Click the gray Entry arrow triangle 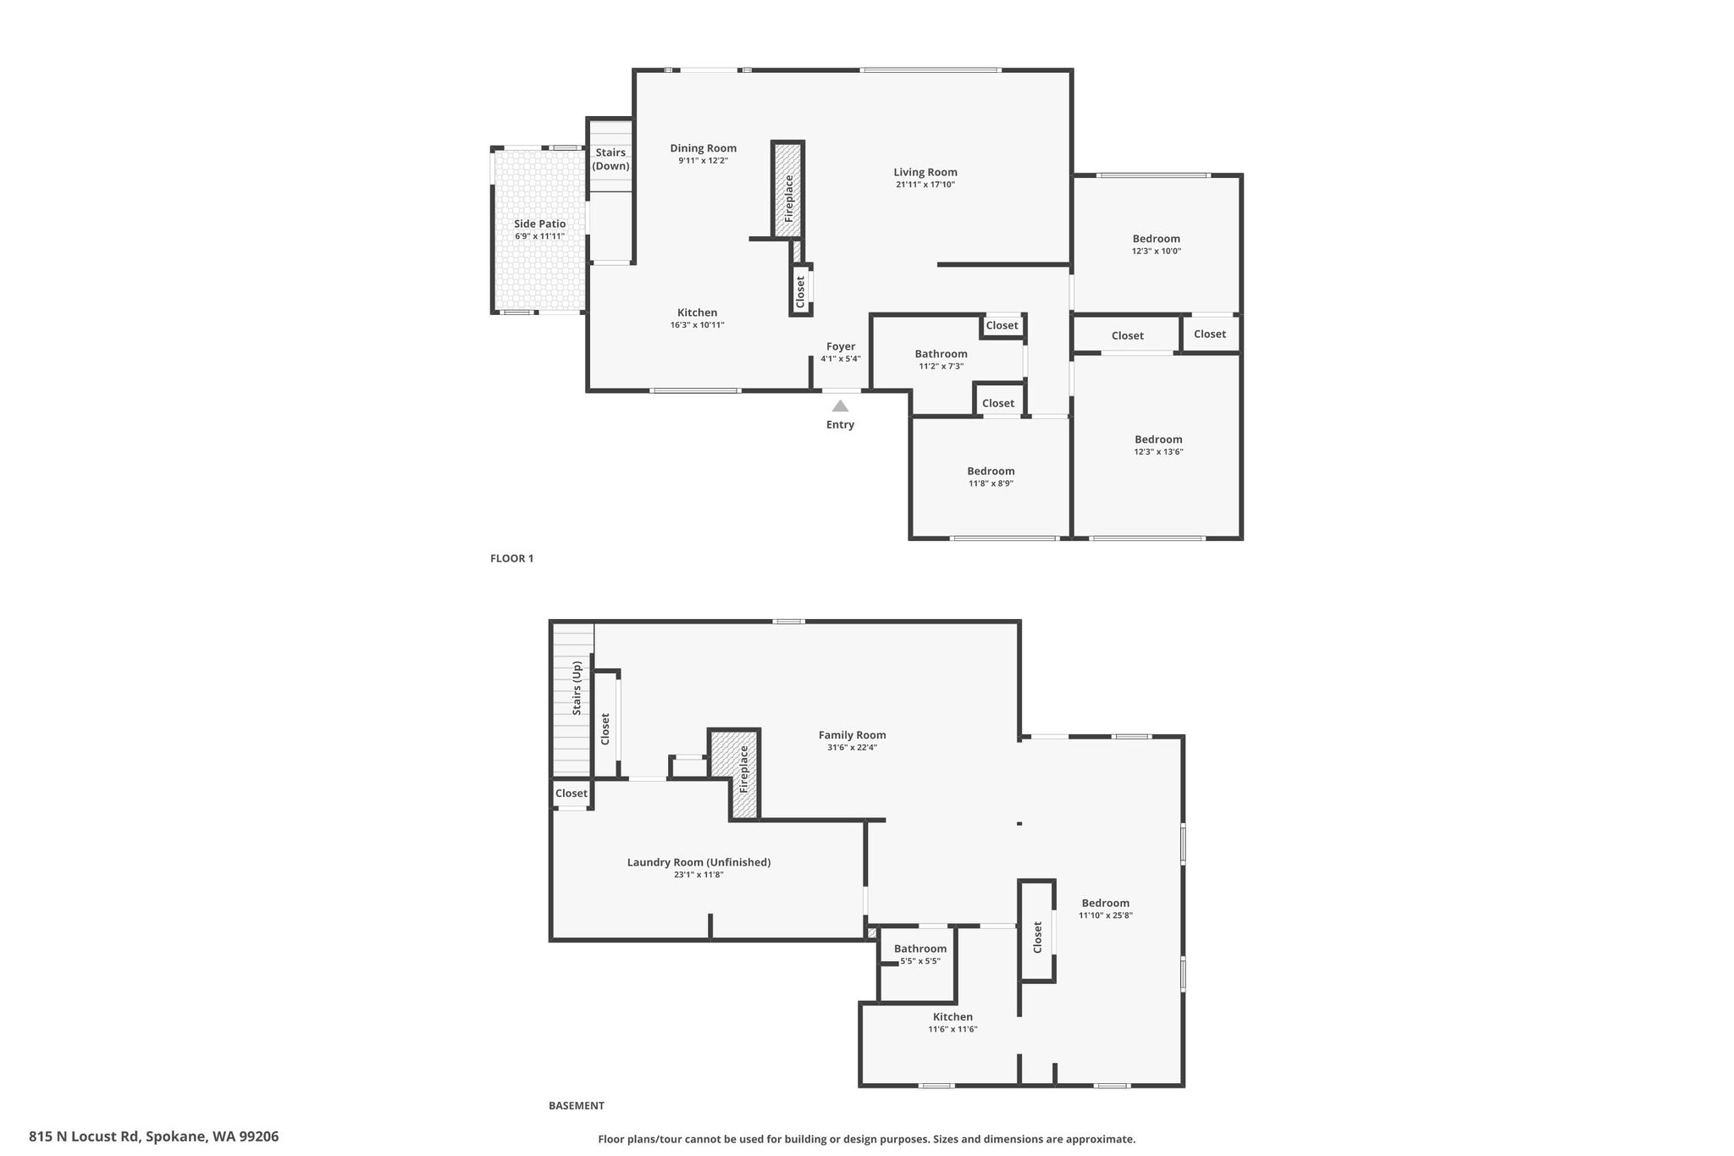point(840,406)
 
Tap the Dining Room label point(704,148)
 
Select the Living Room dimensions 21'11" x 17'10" point(925,185)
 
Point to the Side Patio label point(540,224)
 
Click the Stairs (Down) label point(610,159)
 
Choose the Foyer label point(841,346)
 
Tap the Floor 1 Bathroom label point(941,354)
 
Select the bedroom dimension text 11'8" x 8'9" point(991,484)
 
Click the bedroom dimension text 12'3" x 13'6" point(1158,451)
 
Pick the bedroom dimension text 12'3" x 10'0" point(1157,251)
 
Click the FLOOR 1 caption point(512,558)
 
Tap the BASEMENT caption point(577,1105)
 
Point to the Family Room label point(853,735)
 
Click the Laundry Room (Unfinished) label point(699,862)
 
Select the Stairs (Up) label point(577,688)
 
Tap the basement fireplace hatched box point(734,775)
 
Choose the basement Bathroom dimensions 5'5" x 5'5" point(920,961)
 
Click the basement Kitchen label point(953,1017)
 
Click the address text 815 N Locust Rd point(84,1137)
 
